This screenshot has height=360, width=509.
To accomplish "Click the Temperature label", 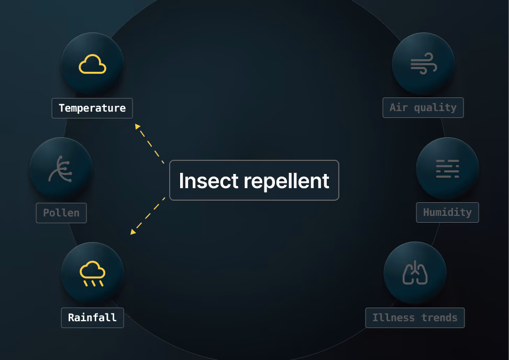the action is [x=92, y=108].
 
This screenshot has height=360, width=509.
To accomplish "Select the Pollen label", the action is [x=61, y=213].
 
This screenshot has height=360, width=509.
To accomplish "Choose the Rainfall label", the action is [x=93, y=318].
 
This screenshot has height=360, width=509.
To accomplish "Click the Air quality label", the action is [x=423, y=107].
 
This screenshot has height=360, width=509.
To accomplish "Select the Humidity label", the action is [x=448, y=213].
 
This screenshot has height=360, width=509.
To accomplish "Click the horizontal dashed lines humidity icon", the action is [x=448, y=169].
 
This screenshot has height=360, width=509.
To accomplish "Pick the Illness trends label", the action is [x=415, y=318].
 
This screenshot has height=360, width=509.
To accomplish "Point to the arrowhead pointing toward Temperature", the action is [x=138, y=126].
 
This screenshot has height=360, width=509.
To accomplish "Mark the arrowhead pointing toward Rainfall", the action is [x=133, y=232].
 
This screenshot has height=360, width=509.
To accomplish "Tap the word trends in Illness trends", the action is [x=439, y=318].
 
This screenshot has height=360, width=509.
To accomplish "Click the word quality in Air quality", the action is [x=435, y=108].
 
